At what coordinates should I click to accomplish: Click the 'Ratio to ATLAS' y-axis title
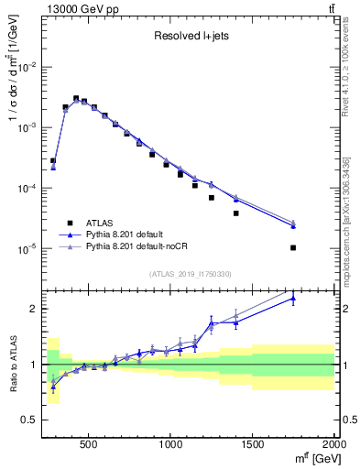(12, 365)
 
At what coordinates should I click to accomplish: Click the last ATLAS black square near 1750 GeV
(293, 247)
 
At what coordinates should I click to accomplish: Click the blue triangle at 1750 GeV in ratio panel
(293, 298)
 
